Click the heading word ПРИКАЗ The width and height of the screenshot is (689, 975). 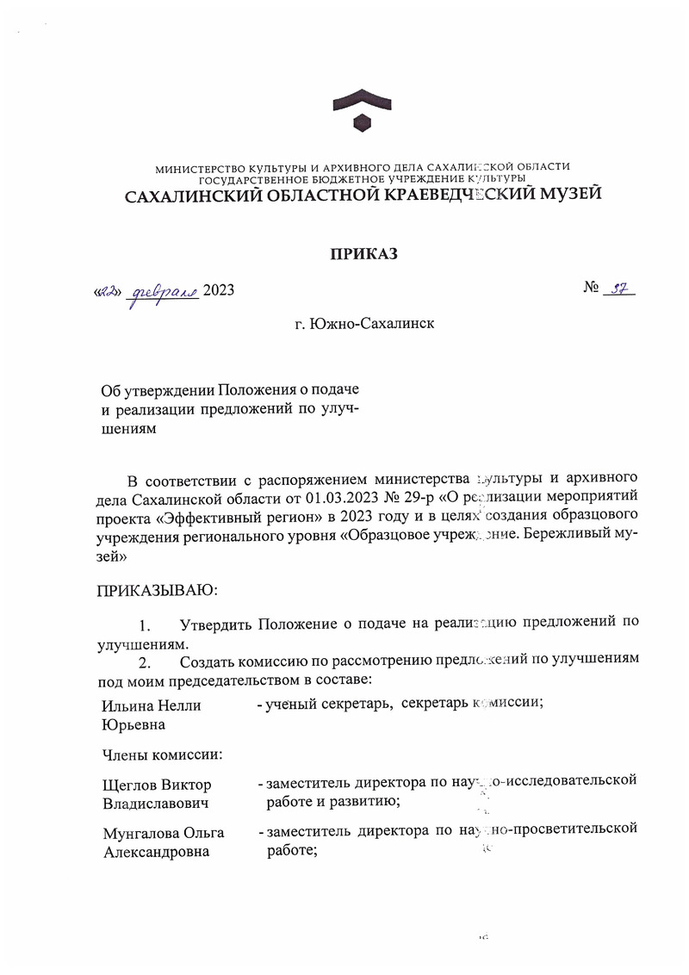pyautogui.click(x=363, y=253)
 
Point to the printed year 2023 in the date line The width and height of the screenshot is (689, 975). pyautogui.click(x=219, y=291)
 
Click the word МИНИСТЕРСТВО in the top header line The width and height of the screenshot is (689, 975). pyautogui.click(x=195, y=166)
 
